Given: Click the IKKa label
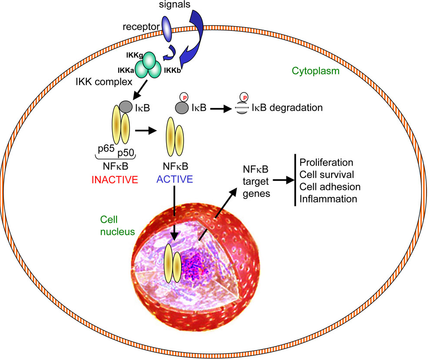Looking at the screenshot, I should [126, 70].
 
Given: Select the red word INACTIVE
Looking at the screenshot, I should [114, 179].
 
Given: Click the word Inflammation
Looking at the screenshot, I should [328, 199].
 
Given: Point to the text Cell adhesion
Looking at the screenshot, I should [330, 187].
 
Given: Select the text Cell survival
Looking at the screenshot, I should [326, 175].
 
